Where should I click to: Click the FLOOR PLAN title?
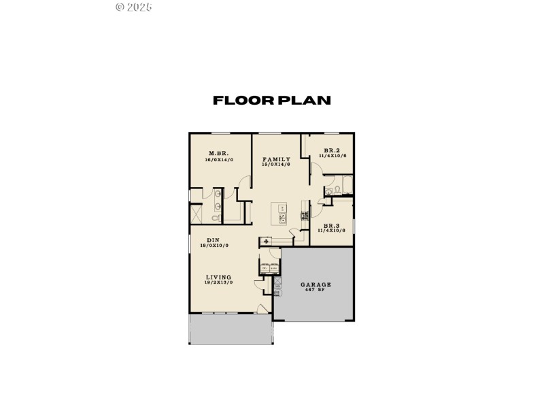[x=272, y=101]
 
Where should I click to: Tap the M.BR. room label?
[x=218, y=154]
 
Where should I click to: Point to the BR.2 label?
[x=332, y=151]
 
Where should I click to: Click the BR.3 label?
[x=332, y=225]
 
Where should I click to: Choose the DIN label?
[x=213, y=240]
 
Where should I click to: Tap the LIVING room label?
[x=219, y=277]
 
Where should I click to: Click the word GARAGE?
[x=316, y=284]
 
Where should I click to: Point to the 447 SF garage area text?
[x=316, y=290]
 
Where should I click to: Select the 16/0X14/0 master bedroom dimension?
[x=219, y=160]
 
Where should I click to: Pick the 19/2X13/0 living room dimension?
[x=219, y=283]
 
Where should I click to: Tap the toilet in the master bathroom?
[x=216, y=218]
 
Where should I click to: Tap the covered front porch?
[x=231, y=329]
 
